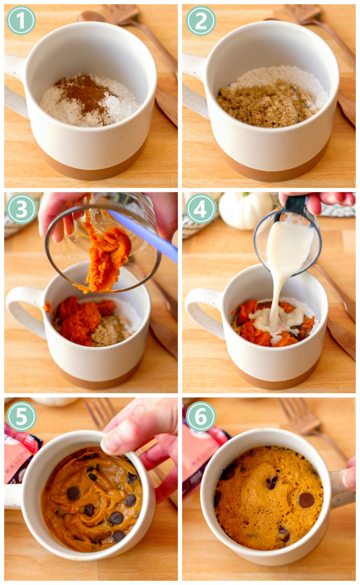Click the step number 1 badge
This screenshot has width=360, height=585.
21,20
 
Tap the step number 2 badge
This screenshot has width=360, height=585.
201,20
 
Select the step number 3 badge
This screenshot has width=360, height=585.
21,209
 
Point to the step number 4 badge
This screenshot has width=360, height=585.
201,209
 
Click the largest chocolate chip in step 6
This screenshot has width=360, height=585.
306,500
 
